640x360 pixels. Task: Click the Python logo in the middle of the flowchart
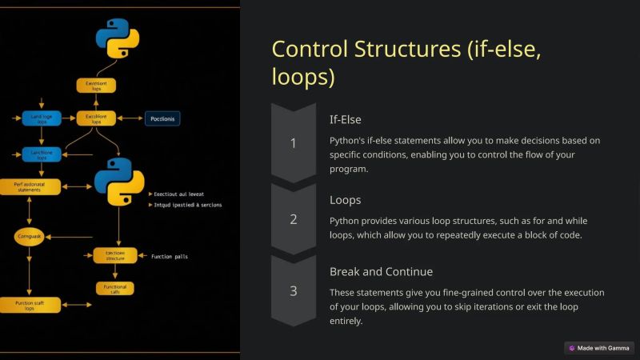[118, 181]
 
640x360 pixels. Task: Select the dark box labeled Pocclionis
[162, 119]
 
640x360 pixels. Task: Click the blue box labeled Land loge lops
[42, 119]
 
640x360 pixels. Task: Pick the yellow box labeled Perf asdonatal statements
[30, 186]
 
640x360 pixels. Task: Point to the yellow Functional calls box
[115, 288]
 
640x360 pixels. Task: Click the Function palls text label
[170, 257]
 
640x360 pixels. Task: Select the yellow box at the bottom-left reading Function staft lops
[30, 305]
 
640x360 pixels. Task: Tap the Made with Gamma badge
[599, 348]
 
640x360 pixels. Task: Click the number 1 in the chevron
[293, 143]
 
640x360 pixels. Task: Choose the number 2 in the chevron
[293, 218]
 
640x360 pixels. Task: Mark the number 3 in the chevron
[293, 290]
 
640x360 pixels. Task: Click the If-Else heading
[346, 119]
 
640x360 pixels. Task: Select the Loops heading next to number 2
[345, 200]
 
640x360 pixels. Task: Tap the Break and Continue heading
[381, 271]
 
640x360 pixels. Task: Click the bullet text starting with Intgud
[186, 205]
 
